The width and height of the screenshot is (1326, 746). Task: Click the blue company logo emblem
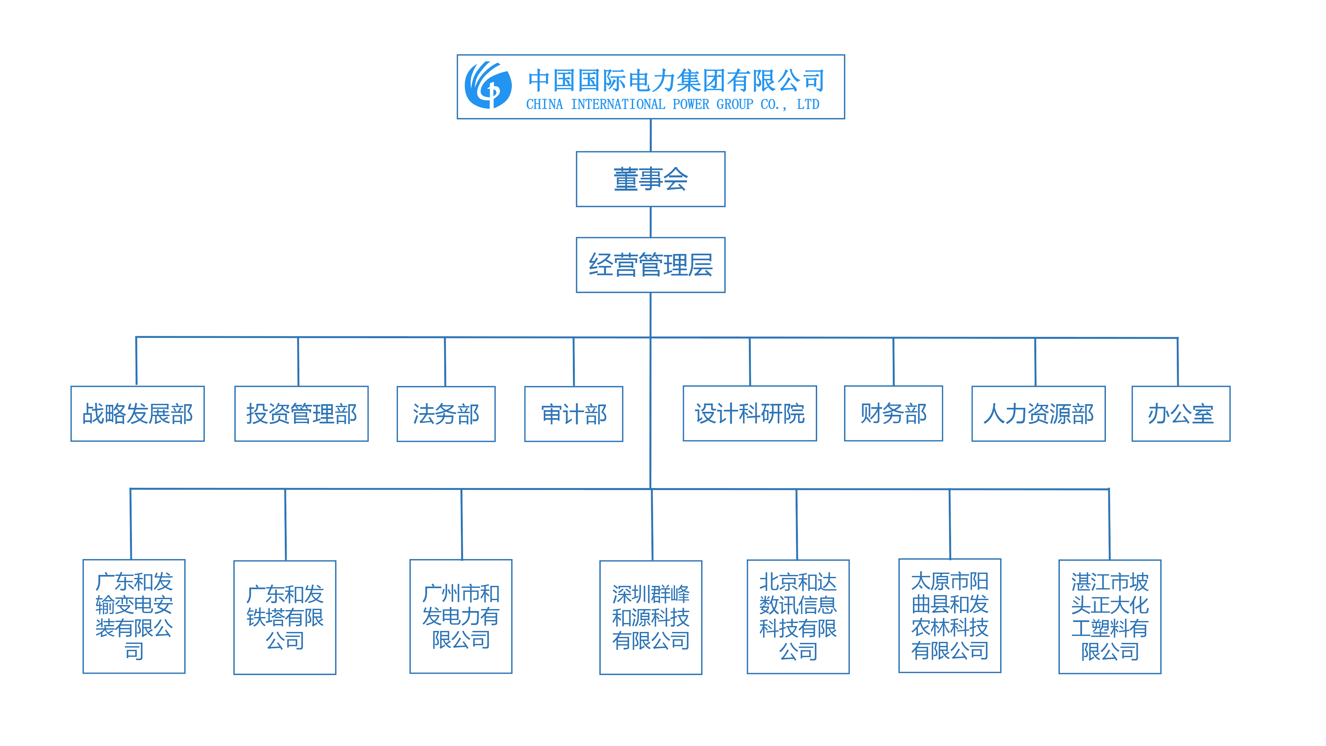click(488, 86)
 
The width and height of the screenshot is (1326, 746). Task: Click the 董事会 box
click(651, 179)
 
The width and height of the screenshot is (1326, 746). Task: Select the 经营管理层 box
click(651, 265)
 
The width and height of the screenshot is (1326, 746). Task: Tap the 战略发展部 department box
click(138, 414)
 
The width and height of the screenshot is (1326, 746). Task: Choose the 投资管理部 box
click(302, 414)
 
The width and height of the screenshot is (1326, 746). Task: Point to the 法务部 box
click(446, 414)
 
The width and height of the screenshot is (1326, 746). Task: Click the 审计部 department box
click(574, 414)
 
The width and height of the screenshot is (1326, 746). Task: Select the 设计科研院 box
click(750, 413)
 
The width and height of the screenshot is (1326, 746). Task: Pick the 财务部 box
click(894, 413)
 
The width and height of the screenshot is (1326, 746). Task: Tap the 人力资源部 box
click(1039, 414)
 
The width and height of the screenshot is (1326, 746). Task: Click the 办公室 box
click(1181, 414)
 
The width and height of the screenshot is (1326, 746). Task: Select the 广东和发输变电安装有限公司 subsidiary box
click(134, 616)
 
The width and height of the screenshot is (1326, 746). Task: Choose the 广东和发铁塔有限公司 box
click(285, 617)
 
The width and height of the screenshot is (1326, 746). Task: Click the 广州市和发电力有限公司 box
click(461, 616)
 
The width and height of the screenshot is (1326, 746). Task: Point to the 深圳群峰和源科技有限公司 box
click(651, 617)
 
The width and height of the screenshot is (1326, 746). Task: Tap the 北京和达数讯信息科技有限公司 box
click(798, 617)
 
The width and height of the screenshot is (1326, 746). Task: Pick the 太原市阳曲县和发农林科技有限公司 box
click(950, 616)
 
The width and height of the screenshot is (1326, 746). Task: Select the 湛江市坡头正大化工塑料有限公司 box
click(1110, 617)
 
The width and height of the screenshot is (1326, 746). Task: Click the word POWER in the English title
click(691, 104)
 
